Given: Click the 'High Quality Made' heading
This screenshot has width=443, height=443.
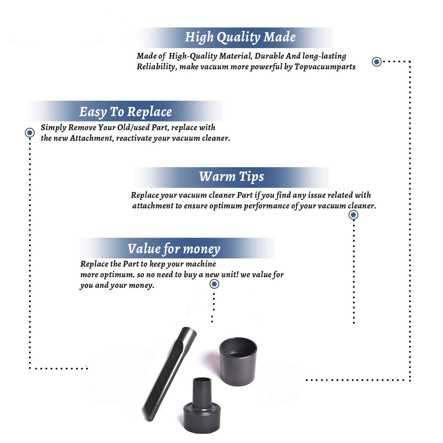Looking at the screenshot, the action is [x=240, y=38].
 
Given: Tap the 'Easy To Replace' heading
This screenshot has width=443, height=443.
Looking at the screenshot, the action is [x=126, y=112].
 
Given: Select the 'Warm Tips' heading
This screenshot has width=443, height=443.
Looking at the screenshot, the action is [x=232, y=177].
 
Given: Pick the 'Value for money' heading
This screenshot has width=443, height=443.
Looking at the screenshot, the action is [x=174, y=249].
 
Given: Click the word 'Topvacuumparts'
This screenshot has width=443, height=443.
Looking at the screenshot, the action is [x=325, y=67].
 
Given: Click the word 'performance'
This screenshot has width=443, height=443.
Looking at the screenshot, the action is [x=267, y=206].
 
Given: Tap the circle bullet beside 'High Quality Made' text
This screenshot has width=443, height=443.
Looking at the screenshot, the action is [x=377, y=62].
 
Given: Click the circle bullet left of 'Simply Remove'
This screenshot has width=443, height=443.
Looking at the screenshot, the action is [x=30, y=133].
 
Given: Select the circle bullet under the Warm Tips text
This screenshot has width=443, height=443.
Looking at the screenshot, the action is [x=354, y=215].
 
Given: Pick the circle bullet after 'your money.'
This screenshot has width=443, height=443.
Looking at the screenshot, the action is [x=214, y=284].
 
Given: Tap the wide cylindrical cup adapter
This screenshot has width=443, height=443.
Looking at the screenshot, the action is [x=238, y=361].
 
